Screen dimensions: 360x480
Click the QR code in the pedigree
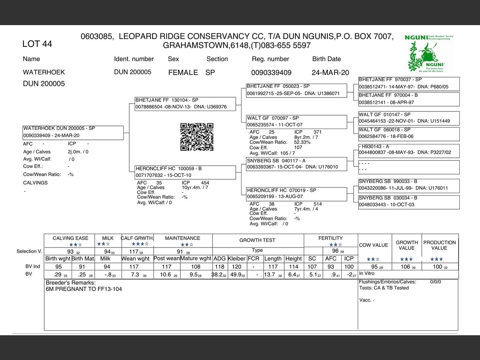coord(197,137)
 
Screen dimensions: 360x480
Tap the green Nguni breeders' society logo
coord(429,53)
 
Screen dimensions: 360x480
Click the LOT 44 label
coord(37,44)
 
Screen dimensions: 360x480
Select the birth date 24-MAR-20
coord(330,72)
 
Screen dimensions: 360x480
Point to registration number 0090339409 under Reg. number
coord(271,72)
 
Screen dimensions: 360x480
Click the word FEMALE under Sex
coord(183,72)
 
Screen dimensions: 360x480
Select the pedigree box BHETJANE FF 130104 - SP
coord(185,103)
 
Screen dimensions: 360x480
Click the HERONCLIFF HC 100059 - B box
coord(185,172)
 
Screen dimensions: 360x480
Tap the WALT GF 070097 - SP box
coord(296,121)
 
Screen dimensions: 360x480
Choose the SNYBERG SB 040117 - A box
coord(296,164)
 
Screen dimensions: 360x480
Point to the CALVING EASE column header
coord(70,238)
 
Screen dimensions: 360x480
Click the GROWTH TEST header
coord(257,240)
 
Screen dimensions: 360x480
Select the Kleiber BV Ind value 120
coord(237,267)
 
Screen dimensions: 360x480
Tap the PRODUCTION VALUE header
coord(439,245)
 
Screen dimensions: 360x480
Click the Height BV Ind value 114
coord(294,267)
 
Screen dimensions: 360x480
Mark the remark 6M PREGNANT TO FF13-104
coord(84,289)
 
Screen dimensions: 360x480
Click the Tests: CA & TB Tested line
coord(384,288)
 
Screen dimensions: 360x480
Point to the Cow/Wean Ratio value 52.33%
coord(302,142)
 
